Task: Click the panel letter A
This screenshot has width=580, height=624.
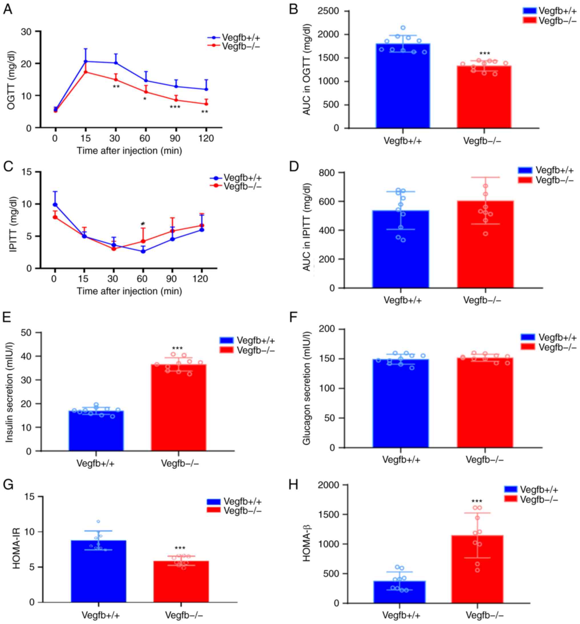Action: (8, 9)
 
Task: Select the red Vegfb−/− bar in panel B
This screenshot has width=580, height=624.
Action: (484, 97)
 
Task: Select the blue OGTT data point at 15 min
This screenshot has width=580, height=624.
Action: (86, 61)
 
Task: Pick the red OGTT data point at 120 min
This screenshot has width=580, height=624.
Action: (206, 104)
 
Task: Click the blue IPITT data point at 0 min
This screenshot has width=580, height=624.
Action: (55, 205)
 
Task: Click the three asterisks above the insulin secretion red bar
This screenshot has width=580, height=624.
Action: (178, 348)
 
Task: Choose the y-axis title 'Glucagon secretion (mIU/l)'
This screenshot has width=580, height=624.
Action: (306, 388)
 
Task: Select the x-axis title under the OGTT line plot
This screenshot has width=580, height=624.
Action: (129, 151)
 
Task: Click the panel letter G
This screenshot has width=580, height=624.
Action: (8, 485)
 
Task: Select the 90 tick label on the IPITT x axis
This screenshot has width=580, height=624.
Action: (171, 279)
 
